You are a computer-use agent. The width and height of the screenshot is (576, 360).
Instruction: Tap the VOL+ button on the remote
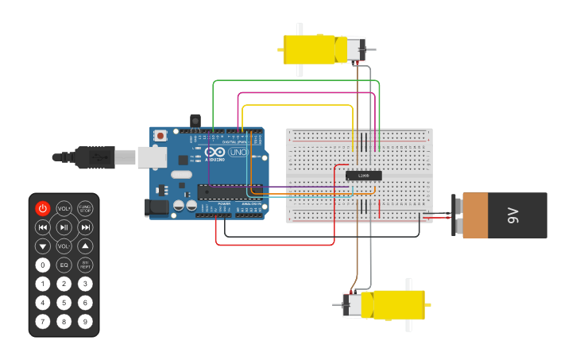pos(64,208)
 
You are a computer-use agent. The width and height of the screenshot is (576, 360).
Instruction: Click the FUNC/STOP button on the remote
pos(85,208)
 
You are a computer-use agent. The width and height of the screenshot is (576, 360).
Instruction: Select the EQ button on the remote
pos(64,265)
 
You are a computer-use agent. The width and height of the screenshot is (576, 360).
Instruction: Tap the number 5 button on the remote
pos(64,303)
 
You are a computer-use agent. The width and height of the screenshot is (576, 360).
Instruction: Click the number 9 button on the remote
pos(85,322)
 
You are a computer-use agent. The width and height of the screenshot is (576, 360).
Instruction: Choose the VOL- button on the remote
pos(64,246)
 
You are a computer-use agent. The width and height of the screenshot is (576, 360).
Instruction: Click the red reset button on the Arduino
pos(160,136)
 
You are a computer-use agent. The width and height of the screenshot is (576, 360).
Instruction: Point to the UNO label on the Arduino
pos(238,152)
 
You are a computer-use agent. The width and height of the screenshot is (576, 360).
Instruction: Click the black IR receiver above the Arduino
pos(195,121)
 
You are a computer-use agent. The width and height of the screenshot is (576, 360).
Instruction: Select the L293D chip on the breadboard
pos(364,176)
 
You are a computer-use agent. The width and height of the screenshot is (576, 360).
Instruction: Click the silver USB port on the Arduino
pos(152,157)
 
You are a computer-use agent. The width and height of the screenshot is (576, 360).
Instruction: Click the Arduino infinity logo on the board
pos(215,152)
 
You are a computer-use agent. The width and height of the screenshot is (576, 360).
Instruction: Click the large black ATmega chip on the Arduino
pos(230,192)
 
